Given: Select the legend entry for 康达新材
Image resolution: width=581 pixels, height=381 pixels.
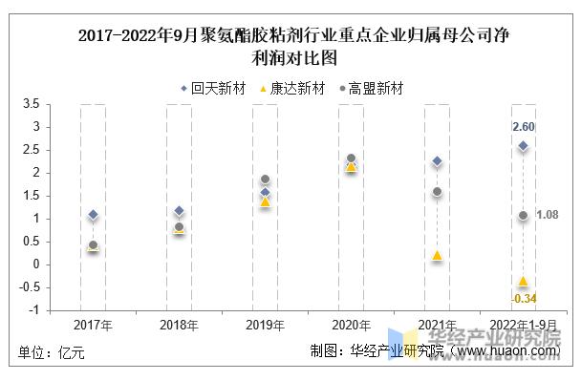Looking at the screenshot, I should click(292, 89).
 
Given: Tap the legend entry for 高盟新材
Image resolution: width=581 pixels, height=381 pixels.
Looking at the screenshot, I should click(371, 89).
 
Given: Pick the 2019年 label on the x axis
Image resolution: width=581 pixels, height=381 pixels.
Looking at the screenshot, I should click(265, 325).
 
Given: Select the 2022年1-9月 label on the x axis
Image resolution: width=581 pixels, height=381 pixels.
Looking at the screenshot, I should click(523, 325).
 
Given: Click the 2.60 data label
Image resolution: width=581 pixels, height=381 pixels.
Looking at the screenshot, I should click(523, 127).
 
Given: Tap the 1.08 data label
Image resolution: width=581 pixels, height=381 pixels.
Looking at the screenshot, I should click(548, 215).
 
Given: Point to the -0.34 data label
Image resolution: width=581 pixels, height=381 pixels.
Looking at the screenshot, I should click(523, 299).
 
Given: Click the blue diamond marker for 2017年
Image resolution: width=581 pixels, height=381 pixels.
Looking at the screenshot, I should click(93, 215).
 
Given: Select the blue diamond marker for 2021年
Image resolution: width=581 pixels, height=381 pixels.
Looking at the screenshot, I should click(437, 161).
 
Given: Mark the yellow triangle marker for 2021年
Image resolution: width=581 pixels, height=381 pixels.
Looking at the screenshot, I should click(437, 255).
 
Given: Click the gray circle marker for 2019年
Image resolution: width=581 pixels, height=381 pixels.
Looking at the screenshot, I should click(265, 180).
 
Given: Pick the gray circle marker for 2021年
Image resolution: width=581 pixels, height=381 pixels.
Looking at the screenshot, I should click(437, 192).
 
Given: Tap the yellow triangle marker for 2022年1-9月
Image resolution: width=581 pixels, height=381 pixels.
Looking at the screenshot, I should click(523, 281).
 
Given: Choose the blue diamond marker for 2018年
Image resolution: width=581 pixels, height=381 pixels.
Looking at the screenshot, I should click(179, 211).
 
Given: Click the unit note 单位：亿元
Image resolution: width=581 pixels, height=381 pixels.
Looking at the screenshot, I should click(52, 352).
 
